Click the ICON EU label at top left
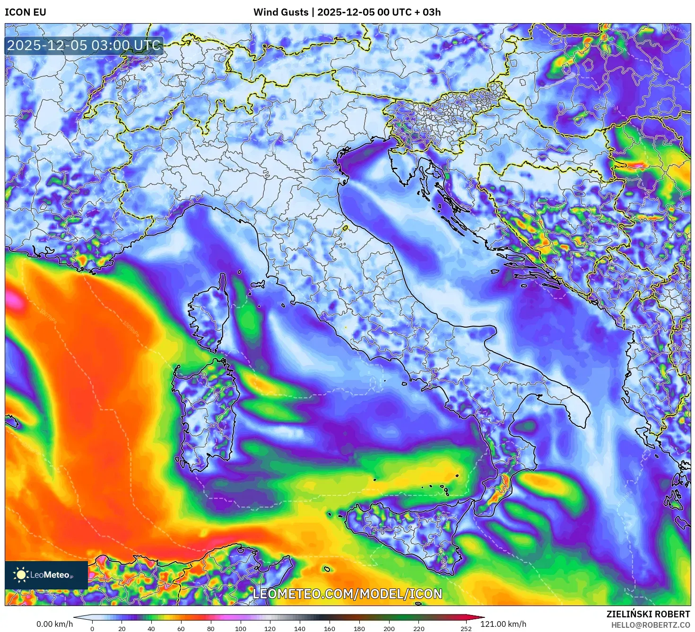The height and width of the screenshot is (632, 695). click(x=26, y=12)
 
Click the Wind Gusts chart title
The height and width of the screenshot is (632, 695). click(x=347, y=12)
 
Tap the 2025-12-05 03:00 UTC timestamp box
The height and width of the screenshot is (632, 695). click(x=84, y=46)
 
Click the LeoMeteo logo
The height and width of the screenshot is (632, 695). click(x=46, y=575)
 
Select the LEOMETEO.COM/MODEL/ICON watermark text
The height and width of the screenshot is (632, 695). click(x=347, y=594)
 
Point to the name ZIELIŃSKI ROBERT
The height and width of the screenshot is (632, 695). click(x=648, y=614)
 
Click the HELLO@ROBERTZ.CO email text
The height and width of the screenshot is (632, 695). click(x=650, y=625)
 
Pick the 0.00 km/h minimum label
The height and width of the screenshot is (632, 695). click(x=54, y=624)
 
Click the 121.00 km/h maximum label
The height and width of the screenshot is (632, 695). click(x=503, y=624)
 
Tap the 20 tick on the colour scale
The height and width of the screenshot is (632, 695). click(x=122, y=629)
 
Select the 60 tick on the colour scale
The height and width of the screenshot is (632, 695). click(x=181, y=629)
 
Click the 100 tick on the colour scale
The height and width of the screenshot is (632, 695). click(x=241, y=629)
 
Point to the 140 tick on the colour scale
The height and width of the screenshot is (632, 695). click(x=300, y=629)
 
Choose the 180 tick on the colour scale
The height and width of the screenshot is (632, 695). click(x=359, y=629)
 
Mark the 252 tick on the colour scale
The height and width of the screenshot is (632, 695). click(x=466, y=629)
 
